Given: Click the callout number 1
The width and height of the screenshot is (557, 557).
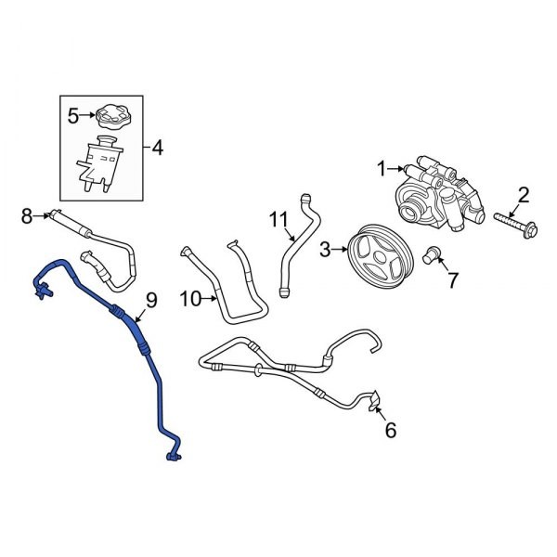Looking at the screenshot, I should tap(380, 168).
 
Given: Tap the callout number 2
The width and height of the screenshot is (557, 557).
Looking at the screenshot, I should tap(523, 195).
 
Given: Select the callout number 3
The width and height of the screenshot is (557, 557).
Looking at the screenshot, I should tap(326, 248).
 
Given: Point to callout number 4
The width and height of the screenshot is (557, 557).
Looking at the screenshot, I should tap(157, 147).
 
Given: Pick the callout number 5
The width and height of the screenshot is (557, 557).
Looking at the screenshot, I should tap(73, 116).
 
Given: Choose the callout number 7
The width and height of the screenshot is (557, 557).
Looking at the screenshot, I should tap(452, 279).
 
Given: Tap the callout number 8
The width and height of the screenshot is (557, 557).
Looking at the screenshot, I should tap(27, 216).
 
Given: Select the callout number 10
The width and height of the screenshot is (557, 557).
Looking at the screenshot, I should tap(189, 298).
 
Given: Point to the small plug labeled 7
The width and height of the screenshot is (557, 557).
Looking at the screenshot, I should tap(431, 253).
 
